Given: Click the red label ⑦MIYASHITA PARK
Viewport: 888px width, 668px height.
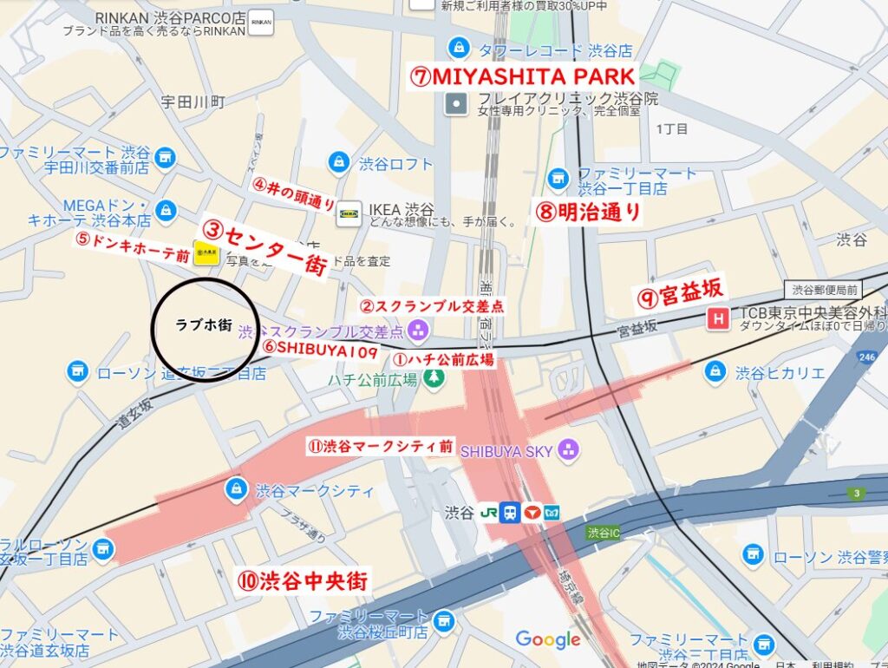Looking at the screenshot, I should [523, 75].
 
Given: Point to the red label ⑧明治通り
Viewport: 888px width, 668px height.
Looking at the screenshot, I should [588, 212].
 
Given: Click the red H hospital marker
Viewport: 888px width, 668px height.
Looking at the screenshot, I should [718, 319].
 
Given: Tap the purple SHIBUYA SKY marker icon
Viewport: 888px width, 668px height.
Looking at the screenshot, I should [569, 449].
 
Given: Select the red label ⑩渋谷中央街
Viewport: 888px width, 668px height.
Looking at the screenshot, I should [304, 580].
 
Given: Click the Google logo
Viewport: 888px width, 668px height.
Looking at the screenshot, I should [547, 640].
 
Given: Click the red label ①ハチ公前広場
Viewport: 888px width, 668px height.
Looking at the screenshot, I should [443, 358].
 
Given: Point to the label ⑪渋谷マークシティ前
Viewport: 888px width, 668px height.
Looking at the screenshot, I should [380, 447].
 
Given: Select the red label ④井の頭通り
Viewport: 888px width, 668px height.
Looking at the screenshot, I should [294, 195].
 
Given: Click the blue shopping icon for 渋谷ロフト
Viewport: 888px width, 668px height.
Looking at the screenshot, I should [338, 162].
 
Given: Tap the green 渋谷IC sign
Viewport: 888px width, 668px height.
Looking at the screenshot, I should [605, 532].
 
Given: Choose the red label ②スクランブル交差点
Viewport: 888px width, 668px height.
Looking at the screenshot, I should [431, 306].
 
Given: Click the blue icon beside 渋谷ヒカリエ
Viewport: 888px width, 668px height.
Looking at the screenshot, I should [715, 371].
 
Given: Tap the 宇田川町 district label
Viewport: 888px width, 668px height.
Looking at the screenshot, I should [193, 102].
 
